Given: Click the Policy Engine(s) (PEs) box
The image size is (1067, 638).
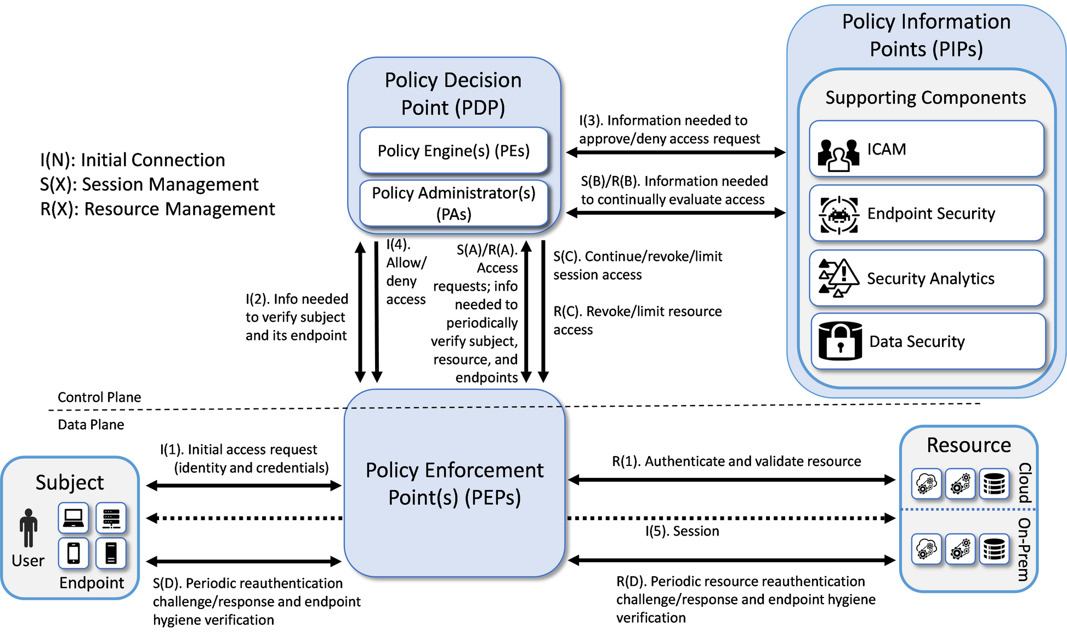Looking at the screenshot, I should click(x=453, y=151).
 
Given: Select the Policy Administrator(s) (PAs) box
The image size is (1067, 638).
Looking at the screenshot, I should click(x=453, y=203).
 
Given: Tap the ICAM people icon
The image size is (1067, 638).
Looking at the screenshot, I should click(x=838, y=154).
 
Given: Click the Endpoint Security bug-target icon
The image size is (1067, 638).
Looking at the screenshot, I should click(x=838, y=215).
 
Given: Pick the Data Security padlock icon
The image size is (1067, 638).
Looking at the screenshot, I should click(x=840, y=341).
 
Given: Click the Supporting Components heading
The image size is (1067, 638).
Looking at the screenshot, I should click(x=926, y=98).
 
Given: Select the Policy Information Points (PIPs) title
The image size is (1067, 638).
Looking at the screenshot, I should click(x=926, y=35).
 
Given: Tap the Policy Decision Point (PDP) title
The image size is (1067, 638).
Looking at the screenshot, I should click(x=453, y=94).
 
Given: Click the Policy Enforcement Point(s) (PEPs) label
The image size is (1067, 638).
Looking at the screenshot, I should click(x=454, y=483).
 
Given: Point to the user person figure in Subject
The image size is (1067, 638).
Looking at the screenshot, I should click(x=29, y=528).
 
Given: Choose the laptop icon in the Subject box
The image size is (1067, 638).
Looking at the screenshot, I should click(x=73, y=518).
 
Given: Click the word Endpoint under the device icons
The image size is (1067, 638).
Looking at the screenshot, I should click(x=92, y=583).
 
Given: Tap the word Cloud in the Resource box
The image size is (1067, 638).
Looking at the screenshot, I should click(x=1025, y=483).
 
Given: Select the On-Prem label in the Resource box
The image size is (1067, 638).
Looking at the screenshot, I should click(x=1024, y=549).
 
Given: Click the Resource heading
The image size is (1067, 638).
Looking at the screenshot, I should click(x=969, y=445).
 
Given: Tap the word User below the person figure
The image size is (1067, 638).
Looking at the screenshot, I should click(x=28, y=561).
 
